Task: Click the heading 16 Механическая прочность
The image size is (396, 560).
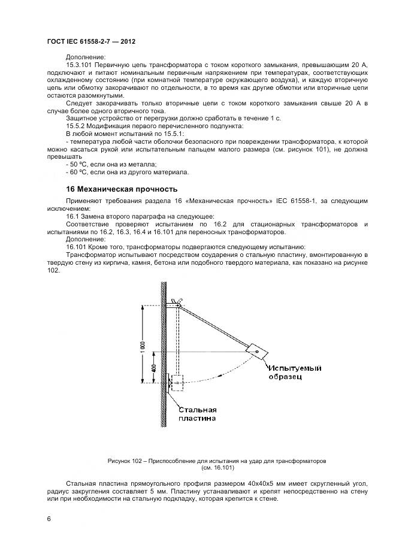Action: pyautogui.click(x=113, y=189)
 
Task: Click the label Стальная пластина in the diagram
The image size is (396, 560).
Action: pyautogui.click(x=198, y=414)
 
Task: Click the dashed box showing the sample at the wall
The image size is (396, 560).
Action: pyautogui.click(x=178, y=383)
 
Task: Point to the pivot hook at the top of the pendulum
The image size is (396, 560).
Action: pyautogui.click(x=174, y=302)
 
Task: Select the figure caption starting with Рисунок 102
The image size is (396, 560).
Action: pyautogui.click(x=216, y=461)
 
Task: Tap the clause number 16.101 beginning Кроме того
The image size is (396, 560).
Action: pyautogui.click(x=77, y=247)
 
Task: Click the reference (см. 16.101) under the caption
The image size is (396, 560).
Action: pyautogui.click(x=217, y=468)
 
